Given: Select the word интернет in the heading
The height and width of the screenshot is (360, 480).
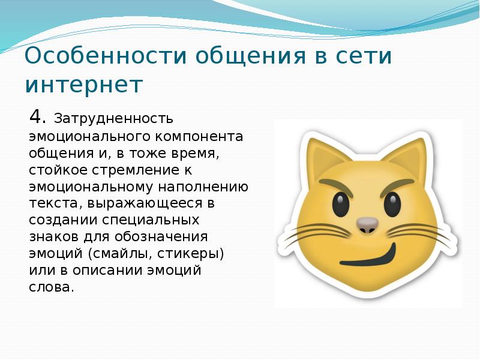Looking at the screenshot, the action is [x=83, y=85].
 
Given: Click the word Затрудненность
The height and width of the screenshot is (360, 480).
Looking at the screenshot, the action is [x=113, y=118].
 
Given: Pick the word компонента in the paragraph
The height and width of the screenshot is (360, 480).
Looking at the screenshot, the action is [x=199, y=136].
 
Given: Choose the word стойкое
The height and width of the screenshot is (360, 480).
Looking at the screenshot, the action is [x=58, y=170].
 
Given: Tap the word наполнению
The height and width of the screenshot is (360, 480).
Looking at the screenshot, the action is [x=203, y=187].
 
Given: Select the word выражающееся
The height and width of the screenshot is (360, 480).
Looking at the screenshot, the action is [x=145, y=203].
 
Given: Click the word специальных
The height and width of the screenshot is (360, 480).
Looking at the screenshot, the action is [x=151, y=220].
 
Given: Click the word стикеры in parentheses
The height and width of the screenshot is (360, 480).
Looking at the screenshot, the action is [x=190, y=254].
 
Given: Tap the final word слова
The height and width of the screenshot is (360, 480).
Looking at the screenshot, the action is [x=52, y=287].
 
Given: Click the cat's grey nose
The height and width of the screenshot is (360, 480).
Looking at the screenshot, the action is [x=367, y=225].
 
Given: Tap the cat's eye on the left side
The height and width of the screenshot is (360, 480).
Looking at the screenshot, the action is [x=340, y=203].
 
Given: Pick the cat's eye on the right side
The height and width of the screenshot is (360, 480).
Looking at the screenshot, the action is [x=392, y=205].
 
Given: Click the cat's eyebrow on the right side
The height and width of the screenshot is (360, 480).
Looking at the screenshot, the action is [x=397, y=187].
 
